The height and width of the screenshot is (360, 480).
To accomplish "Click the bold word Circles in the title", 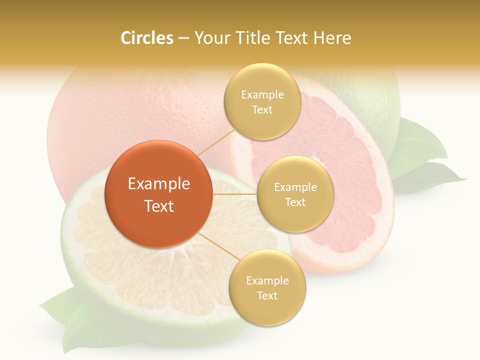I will [147, 38].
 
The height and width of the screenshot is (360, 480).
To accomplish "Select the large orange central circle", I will [158, 194].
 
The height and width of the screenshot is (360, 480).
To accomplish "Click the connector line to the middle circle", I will [234, 194].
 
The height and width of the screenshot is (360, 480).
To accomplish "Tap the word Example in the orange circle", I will [159, 184].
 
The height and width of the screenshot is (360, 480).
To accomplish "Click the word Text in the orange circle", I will [159, 206].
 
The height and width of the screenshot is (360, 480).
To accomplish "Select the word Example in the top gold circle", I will [262, 95].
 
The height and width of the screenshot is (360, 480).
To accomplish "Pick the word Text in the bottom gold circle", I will [267, 296].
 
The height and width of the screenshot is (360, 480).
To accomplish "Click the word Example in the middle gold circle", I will [295, 187].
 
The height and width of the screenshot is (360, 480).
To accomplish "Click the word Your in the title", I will [210, 38].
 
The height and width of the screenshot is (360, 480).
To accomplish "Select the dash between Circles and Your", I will [183, 38].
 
